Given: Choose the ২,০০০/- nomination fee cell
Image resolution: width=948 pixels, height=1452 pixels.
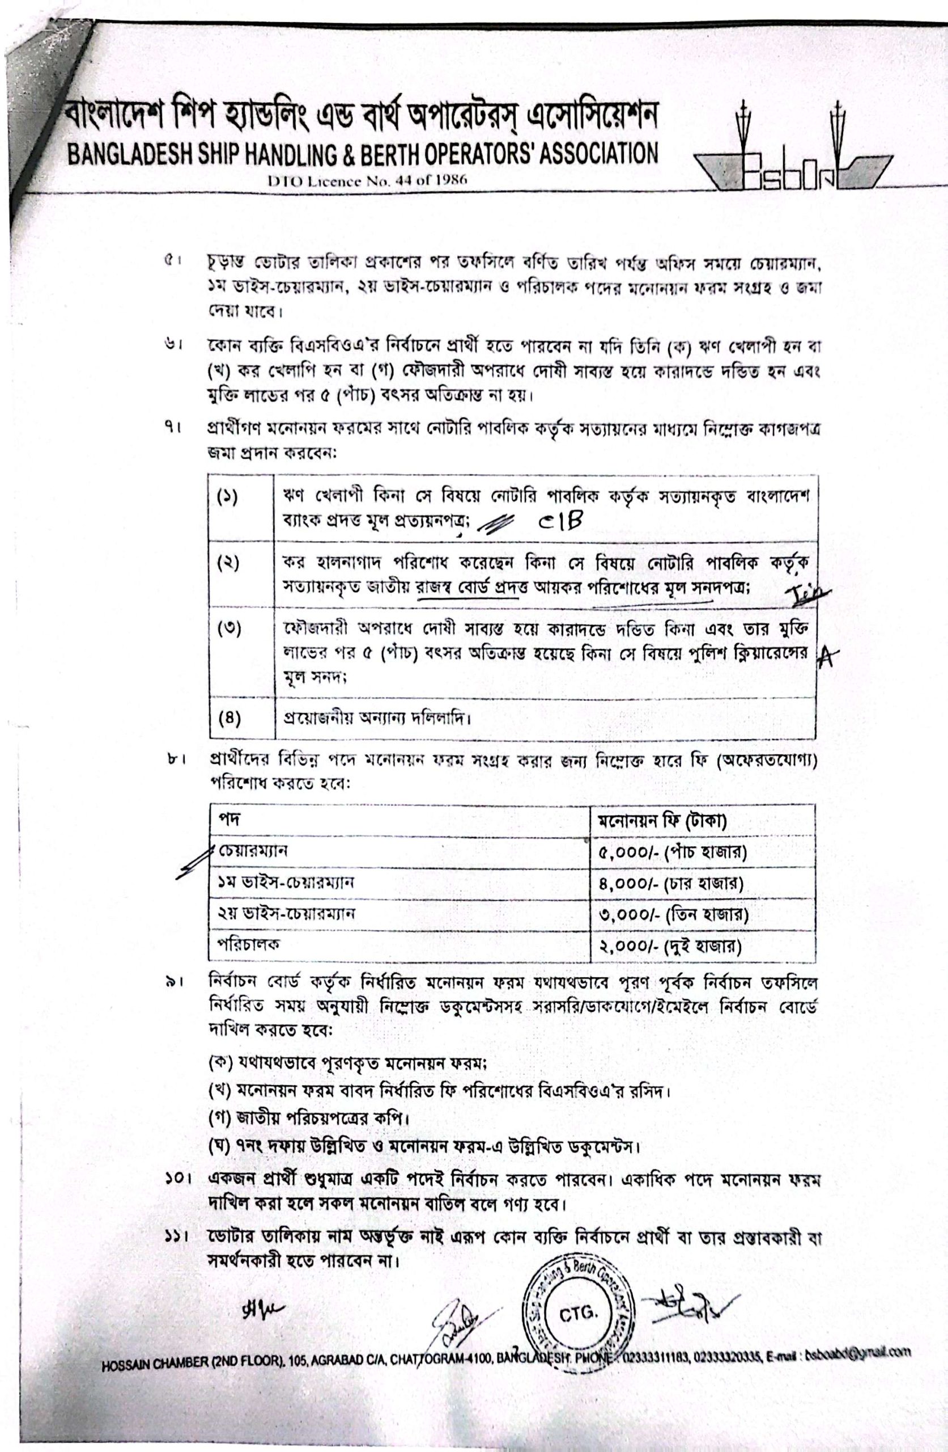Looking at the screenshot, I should [669, 946].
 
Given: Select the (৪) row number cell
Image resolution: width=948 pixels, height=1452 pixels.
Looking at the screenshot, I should [228, 718].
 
